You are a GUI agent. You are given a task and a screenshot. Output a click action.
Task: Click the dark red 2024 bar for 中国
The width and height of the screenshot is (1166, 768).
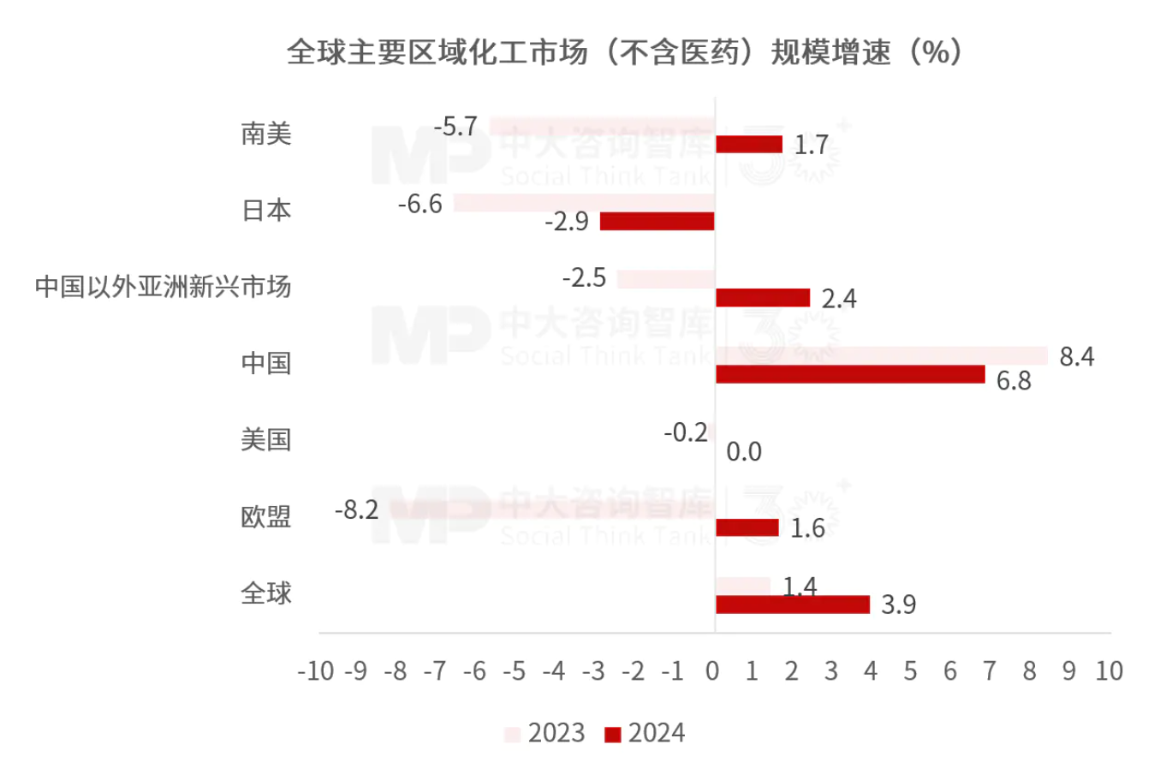pyautogui.click(x=849, y=374)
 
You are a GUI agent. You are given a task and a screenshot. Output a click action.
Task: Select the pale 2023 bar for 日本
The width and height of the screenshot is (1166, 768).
pyautogui.click(x=584, y=203)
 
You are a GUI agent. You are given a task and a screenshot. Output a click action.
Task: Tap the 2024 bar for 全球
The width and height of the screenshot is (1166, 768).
pyautogui.click(x=792, y=604)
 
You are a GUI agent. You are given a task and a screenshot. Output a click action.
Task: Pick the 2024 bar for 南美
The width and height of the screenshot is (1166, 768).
pyautogui.click(x=749, y=144)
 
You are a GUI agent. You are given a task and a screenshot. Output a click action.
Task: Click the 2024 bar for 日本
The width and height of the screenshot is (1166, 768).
pyautogui.click(x=657, y=221)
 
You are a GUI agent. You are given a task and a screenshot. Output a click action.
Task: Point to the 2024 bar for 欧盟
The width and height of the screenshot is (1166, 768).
pyautogui.click(x=747, y=527)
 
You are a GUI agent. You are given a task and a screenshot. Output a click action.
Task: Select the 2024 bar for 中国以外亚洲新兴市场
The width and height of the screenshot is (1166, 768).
pyautogui.click(x=762, y=298)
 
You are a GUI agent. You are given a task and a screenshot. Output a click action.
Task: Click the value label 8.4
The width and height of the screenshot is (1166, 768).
pyautogui.click(x=1076, y=356)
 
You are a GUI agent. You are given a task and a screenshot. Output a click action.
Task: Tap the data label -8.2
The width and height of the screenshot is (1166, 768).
pyautogui.click(x=356, y=510)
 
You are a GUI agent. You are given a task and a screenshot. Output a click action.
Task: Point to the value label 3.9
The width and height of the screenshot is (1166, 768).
pyautogui.click(x=898, y=604)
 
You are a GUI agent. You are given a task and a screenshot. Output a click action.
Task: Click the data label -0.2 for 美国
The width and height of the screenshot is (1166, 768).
pyautogui.click(x=686, y=433)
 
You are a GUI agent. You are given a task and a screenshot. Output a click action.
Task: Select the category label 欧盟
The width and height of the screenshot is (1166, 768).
pyautogui.click(x=266, y=517)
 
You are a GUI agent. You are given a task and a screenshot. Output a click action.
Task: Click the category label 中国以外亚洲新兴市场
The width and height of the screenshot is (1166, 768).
pyautogui.click(x=164, y=286)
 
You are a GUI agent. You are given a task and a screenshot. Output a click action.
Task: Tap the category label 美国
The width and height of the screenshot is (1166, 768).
pyautogui.click(x=266, y=440)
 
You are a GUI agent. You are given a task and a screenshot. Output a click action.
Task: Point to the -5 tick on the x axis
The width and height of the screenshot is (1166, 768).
pyautogui.click(x=514, y=671)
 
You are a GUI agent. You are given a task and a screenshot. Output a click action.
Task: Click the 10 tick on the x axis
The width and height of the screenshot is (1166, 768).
pyautogui.click(x=1109, y=671)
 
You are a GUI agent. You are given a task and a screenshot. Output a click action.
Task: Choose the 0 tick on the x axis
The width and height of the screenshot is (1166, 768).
pyautogui.click(x=712, y=671)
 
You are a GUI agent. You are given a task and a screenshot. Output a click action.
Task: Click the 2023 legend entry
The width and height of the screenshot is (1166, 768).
pyautogui.click(x=545, y=734)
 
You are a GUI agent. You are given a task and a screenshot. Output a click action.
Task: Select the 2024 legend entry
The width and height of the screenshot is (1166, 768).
pyautogui.click(x=645, y=734)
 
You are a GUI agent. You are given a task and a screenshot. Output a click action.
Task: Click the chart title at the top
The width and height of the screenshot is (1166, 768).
pyautogui.click(x=625, y=52)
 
